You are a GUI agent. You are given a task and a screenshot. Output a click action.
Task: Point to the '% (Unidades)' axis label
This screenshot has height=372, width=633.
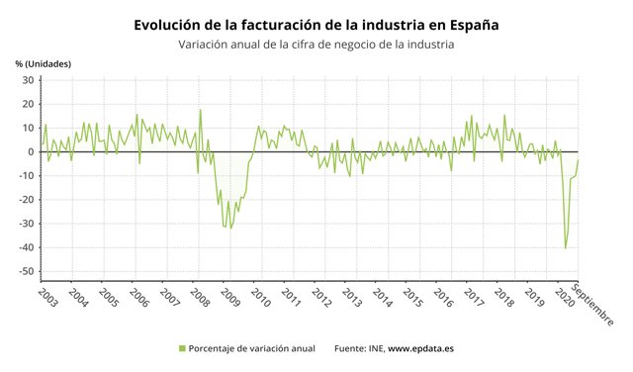pyautogui.click(x=44, y=63)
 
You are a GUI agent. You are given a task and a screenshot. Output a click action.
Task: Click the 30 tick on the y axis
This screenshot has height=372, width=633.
pyautogui.click(x=29, y=80)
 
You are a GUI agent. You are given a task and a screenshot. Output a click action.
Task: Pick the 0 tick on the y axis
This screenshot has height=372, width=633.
pyautogui.click(x=32, y=151)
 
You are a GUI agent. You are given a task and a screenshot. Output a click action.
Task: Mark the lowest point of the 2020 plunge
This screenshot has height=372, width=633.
pyautogui.click(x=566, y=247)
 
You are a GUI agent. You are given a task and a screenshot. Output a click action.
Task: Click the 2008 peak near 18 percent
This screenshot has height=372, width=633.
pyautogui.click(x=200, y=110)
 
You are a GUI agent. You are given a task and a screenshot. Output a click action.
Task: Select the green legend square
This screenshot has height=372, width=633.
pyautogui.click(x=181, y=348)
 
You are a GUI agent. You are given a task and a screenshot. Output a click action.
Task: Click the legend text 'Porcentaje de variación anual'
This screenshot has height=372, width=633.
pyautogui.click(x=251, y=348)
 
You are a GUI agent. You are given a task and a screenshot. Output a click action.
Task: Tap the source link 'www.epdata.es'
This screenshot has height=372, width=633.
pyautogui.click(x=419, y=348)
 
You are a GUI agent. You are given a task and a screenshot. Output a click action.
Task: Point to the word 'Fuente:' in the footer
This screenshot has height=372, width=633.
pyautogui.click(x=352, y=348)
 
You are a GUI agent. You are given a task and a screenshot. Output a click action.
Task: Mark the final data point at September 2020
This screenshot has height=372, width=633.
pyautogui.click(x=578, y=159)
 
